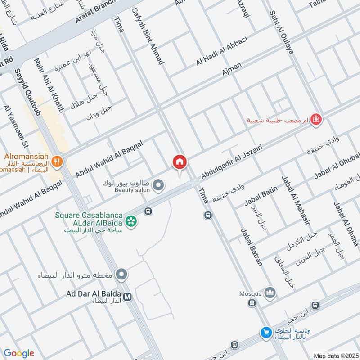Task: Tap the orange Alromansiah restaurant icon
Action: point(57,162)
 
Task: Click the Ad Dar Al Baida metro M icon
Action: point(128,297)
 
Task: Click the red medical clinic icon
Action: point(317,120)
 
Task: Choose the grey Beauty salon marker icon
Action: point(158,184)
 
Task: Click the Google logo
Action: point(18,353)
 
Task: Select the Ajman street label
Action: point(232,69)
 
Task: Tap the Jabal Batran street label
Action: point(252,247)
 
